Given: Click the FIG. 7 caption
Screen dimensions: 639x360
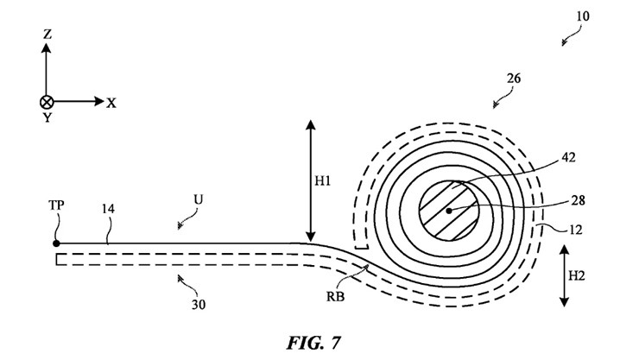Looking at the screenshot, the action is point(313,343).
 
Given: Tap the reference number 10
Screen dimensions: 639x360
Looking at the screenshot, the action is point(583,16).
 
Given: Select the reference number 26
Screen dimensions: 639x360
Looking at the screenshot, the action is point(514,78).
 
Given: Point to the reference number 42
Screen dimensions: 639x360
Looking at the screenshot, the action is point(568,157).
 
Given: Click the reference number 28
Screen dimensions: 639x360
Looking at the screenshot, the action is point(579,200).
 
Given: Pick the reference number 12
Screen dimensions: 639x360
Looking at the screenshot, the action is point(575,231).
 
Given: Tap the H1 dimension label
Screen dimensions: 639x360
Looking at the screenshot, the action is point(322,180).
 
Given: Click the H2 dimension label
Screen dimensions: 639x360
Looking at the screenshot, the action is point(577,275).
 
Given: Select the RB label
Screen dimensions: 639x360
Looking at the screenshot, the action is point(335,296).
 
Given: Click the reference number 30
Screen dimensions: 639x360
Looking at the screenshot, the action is point(199,304).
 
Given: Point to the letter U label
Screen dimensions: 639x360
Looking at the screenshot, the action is point(198,199).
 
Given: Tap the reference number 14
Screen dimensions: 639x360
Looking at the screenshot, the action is point(108,209).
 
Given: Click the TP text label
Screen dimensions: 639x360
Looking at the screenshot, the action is point(57,205).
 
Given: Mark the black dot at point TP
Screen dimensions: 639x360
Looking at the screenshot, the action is point(56,243).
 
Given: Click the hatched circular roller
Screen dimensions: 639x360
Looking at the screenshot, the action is point(449,211).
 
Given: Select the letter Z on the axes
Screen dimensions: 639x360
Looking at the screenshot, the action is point(47,35).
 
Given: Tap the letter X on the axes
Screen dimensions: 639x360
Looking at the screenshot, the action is point(111,103).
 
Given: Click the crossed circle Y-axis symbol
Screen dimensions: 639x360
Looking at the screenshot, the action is point(47,102).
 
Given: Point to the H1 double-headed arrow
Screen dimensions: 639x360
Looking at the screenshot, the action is point(311,180).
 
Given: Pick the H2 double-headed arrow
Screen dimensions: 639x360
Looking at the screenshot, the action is point(564,275).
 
